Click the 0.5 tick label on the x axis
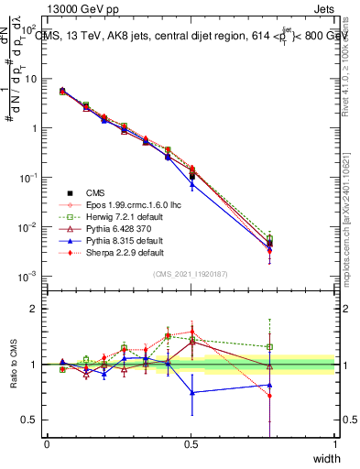[191, 444]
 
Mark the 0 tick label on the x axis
[47, 444]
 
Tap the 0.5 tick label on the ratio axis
[30, 420]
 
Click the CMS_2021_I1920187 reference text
[191, 274]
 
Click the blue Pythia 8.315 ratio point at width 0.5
[191, 392]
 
